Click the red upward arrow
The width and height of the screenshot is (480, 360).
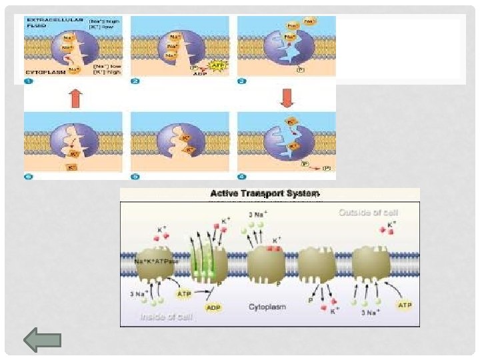click(x=75, y=99)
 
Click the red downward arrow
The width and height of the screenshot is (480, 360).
click(x=287, y=99)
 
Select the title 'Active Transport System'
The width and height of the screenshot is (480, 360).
click(x=265, y=194)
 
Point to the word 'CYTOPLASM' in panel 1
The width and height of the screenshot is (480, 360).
click(x=42, y=69)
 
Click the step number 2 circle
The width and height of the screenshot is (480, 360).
click(x=135, y=81)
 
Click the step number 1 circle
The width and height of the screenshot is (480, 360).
click(x=29, y=81)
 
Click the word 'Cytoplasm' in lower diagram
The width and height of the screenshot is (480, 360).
click(x=267, y=307)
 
